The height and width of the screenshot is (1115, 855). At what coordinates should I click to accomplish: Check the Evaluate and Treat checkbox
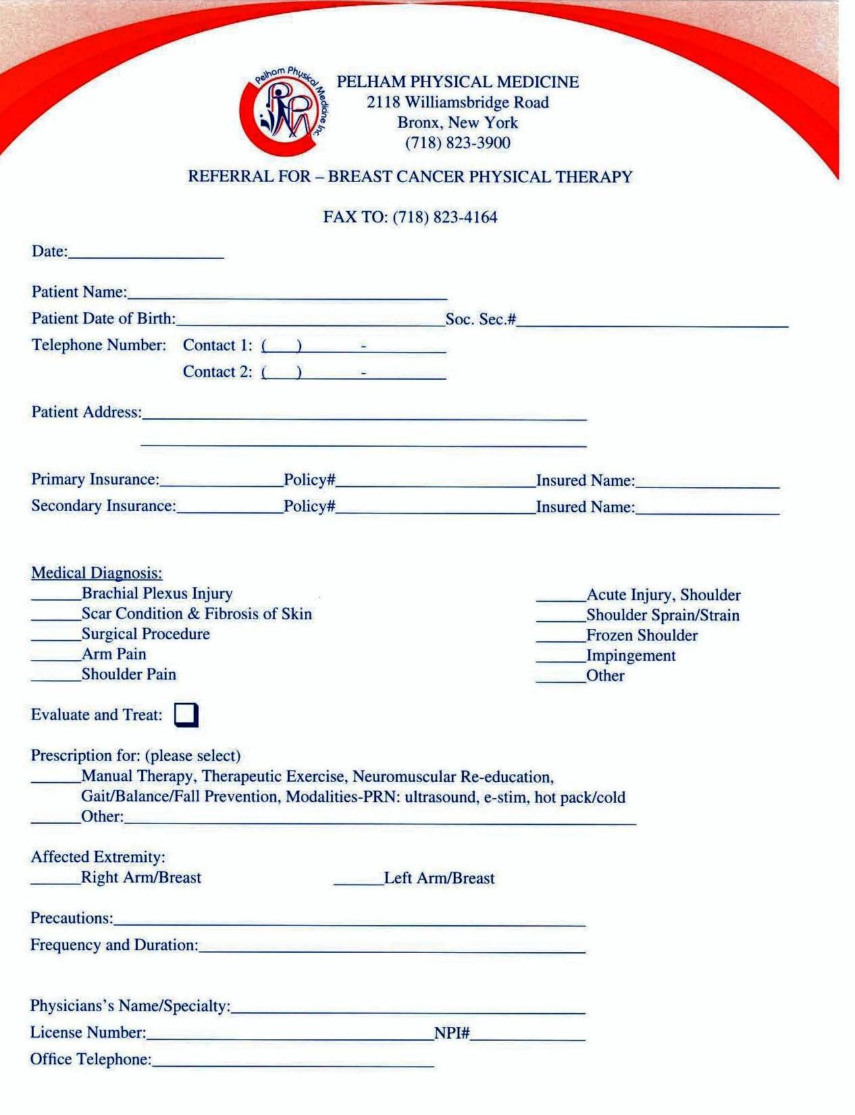tap(186, 715)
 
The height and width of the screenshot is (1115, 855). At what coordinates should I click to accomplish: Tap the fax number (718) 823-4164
tap(444, 218)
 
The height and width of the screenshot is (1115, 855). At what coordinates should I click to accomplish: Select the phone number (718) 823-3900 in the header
tap(457, 143)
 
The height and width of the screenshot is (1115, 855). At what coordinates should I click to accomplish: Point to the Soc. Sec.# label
tap(481, 320)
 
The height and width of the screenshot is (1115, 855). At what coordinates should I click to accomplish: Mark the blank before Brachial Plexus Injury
tap(56, 597)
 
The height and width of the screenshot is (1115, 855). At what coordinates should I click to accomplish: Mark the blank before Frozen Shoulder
tap(561, 639)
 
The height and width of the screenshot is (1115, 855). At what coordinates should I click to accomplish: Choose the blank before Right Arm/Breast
tap(55, 881)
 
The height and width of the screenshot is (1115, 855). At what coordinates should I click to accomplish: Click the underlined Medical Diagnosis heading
tap(97, 574)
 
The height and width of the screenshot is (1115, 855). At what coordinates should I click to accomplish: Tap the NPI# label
tap(452, 1033)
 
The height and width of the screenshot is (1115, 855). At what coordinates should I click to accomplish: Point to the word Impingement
tap(631, 655)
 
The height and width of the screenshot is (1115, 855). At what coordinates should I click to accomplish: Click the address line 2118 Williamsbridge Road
tap(457, 103)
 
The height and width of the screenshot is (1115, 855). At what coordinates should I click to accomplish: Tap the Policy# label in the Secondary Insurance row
tap(309, 507)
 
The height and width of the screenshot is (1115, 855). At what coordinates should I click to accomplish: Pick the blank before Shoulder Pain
tap(56, 678)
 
